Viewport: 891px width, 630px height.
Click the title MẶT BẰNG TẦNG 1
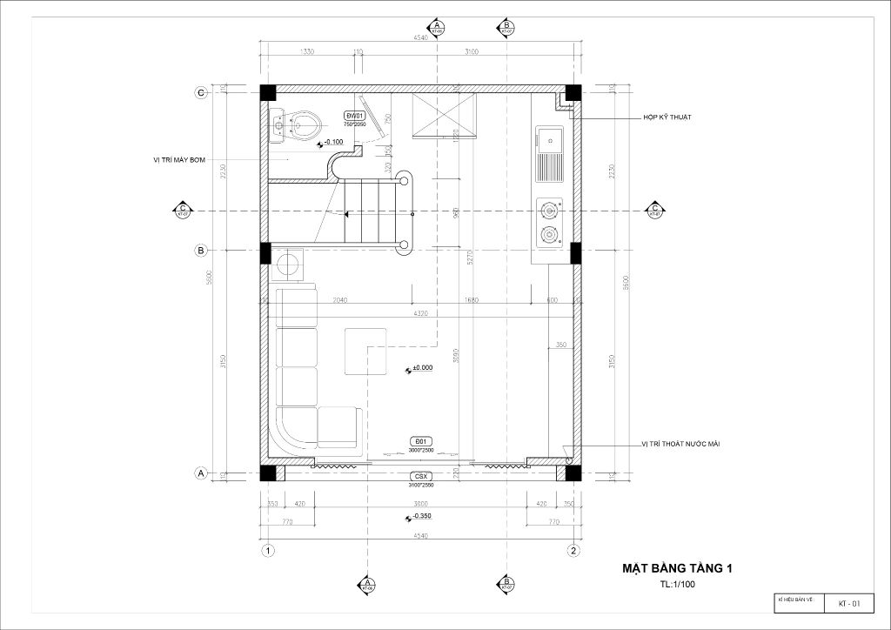(x=677, y=568)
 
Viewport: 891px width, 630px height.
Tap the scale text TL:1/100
(x=677, y=585)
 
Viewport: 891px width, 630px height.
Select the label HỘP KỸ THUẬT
(x=667, y=117)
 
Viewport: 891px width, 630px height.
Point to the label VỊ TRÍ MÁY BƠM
(x=179, y=159)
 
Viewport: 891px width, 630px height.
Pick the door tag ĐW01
(x=354, y=116)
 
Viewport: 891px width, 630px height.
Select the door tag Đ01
(x=420, y=441)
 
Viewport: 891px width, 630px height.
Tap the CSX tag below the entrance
(x=420, y=477)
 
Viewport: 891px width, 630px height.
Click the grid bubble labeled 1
(x=268, y=550)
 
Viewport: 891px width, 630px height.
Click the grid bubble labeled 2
(x=573, y=550)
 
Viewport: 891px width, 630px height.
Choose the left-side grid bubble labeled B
(x=200, y=251)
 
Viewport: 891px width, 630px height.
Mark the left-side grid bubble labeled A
(x=200, y=473)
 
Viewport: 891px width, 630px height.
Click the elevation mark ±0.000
(x=422, y=368)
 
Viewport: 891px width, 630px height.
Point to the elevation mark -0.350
(x=422, y=517)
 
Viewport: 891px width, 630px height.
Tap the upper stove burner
(x=549, y=210)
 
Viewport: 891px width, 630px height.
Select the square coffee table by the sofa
(x=365, y=352)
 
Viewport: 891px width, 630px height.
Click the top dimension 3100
(x=471, y=52)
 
